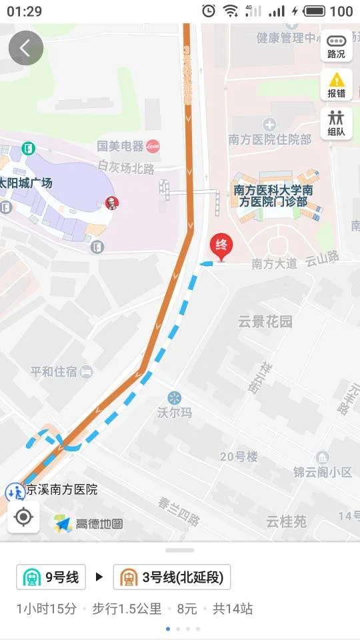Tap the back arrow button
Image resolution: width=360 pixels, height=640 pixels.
(26, 48)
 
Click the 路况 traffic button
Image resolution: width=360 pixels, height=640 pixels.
(336, 46)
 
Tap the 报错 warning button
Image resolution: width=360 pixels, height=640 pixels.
(336, 85)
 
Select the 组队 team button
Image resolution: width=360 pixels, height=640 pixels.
(336, 123)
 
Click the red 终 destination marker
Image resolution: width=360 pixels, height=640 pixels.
(221, 247)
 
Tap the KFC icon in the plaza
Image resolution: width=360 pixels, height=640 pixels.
(111, 203)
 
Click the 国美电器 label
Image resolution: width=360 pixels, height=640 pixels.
(121, 146)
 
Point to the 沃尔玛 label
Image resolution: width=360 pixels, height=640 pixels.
(175, 412)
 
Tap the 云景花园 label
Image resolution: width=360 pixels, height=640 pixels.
(265, 322)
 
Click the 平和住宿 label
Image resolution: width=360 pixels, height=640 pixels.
(54, 372)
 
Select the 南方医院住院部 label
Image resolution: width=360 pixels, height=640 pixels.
(270, 139)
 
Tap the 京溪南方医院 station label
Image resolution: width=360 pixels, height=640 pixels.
(61, 490)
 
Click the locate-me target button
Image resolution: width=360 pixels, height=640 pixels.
(23, 517)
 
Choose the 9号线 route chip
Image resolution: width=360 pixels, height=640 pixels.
(52, 577)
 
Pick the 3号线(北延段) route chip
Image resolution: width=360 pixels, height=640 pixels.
(172, 577)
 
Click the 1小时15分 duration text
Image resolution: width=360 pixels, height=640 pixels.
(47, 609)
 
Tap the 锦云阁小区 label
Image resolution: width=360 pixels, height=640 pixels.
(323, 472)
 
